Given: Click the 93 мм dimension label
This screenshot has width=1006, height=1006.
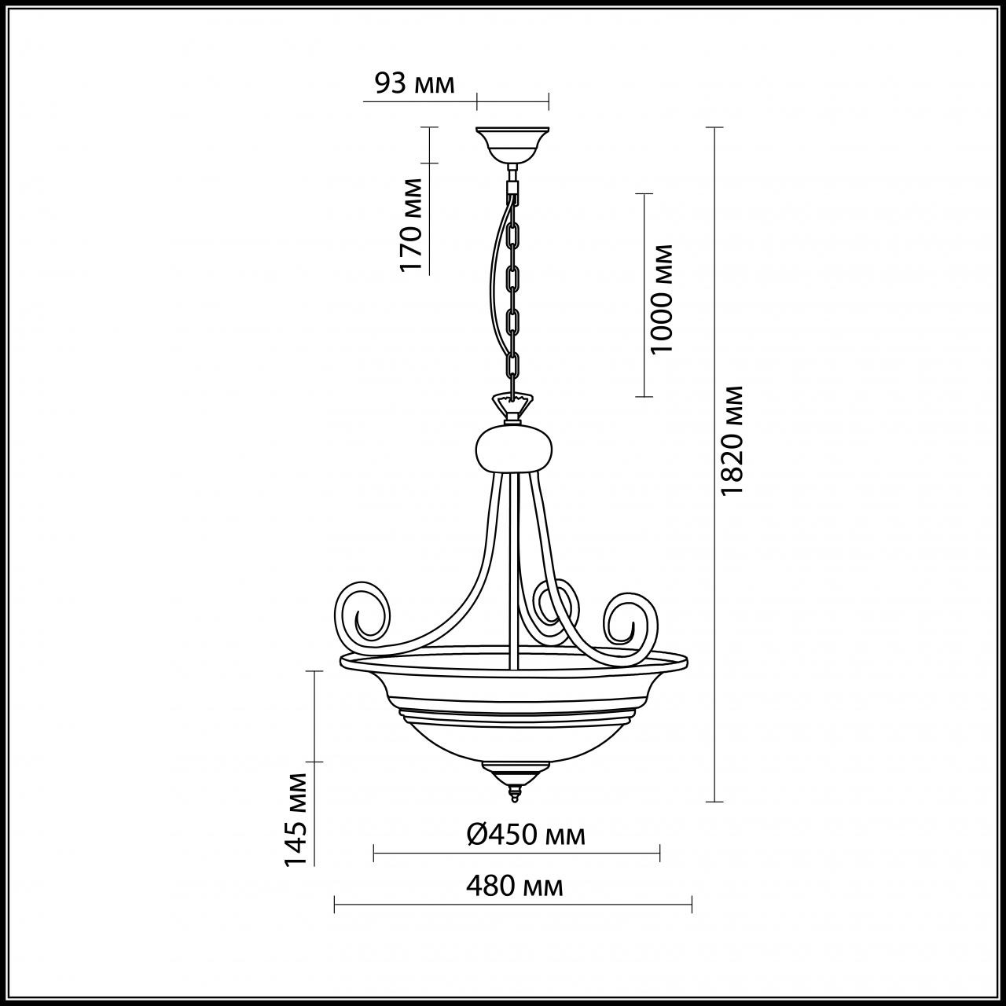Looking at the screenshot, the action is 415,84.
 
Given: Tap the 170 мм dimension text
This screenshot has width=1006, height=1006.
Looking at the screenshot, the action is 411,225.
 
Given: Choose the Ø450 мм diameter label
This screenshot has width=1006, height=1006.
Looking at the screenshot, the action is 526,835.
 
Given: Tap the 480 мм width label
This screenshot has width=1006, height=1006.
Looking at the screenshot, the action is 514,887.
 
